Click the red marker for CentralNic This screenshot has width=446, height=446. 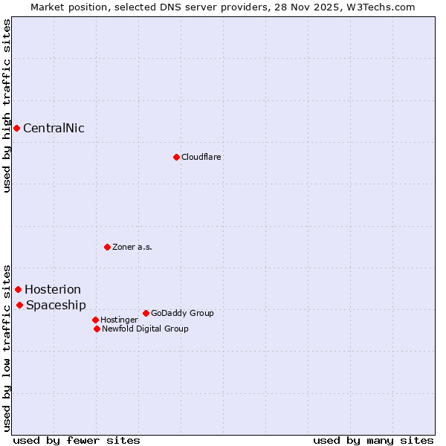pos(16,128)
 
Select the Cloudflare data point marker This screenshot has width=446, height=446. pos(176,157)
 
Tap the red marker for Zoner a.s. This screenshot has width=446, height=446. pos(107,247)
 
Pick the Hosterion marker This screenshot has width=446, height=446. pos(18,289)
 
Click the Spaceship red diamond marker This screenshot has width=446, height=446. pos(19,305)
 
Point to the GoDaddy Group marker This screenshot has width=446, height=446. pos(146,313)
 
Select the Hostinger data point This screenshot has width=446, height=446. pos(95,320)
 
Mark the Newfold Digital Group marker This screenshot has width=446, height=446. pos(97,329)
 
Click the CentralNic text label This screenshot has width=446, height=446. pos(54,128)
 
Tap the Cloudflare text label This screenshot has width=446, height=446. pos(201,157)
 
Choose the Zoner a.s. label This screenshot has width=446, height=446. pos(132,247)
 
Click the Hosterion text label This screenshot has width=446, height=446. pos(53,289)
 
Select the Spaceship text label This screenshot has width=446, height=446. pos(56,305)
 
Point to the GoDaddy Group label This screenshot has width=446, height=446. pos(182,313)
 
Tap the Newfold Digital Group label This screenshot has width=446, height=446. pos(145,329)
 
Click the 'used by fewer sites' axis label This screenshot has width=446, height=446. pos(77,440)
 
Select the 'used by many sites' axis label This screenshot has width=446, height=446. pos(373,440)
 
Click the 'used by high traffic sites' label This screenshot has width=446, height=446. pos(7,106)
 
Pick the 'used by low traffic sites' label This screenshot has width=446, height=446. pos(7,347)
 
